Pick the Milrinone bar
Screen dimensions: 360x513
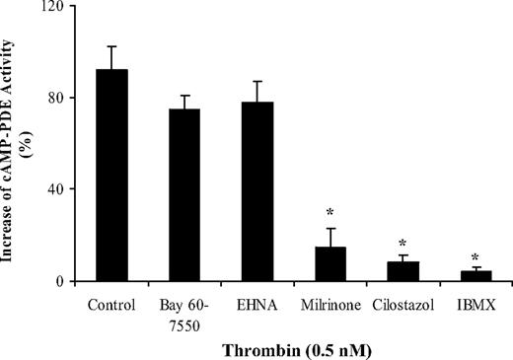pos(330,264)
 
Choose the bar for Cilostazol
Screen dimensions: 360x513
pos(402,271)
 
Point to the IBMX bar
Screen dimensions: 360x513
pos(475,275)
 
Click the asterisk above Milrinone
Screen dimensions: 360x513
pos(330,213)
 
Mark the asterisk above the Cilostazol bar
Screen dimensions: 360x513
pos(402,244)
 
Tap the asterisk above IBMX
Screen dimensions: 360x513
pos(475,255)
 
